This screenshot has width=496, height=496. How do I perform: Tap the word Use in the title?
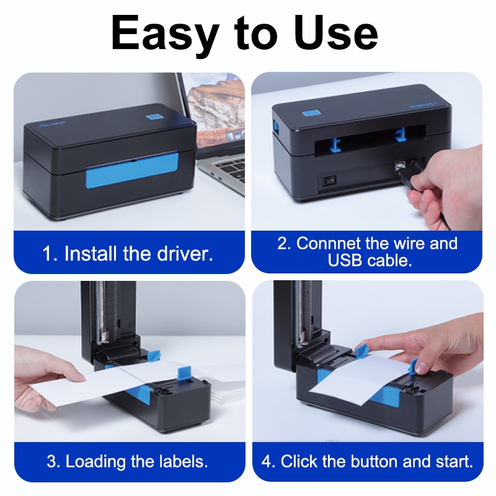pyautogui.click(x=336, y=33)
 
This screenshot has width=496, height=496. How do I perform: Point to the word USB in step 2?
pyautogui.click(x=345, y=260)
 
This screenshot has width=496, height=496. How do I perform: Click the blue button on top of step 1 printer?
pyautogui.click(x=154, y=117)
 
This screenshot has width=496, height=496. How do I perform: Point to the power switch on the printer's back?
pyautogui.click(x=329, y=180)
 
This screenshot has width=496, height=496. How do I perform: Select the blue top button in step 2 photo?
pyautogui.click(x=311, y=113)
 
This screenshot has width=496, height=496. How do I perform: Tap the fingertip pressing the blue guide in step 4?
pyautogui.click(x=422, y=368)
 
